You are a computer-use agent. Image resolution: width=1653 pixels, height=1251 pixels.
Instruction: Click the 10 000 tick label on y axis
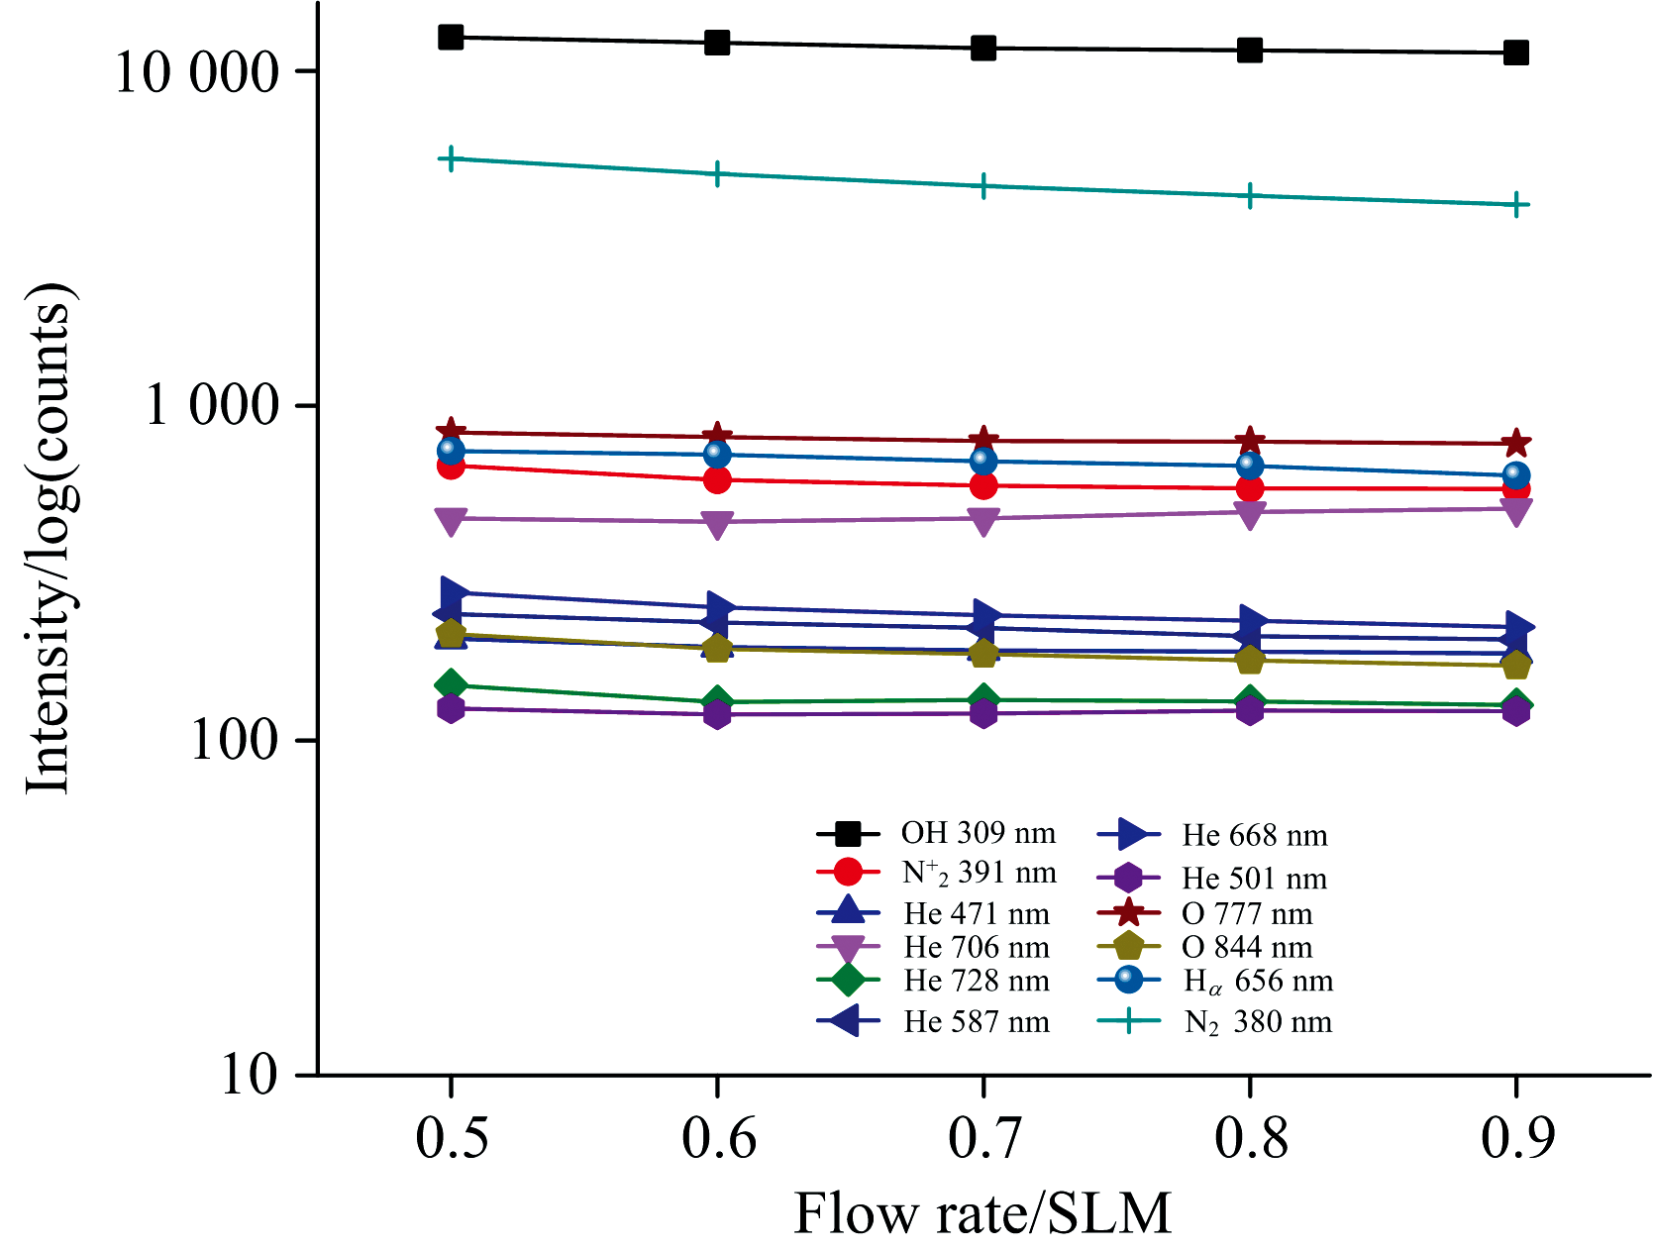point(197,72)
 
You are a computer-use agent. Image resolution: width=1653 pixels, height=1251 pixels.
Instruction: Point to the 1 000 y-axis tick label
point(212,406)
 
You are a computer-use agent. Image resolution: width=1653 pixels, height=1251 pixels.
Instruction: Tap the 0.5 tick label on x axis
point(451,1138)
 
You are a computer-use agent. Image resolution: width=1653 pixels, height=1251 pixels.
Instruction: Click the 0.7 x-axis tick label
point(983,1138)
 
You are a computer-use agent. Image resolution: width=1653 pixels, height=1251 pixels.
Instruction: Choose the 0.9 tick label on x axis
point(1516,1138)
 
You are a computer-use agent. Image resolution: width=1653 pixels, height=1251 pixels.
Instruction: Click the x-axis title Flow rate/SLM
point(982,1213)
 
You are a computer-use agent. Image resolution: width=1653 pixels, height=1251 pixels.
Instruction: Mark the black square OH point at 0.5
point(451,38)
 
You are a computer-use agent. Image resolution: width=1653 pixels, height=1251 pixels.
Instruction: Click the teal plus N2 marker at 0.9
point(1516,205)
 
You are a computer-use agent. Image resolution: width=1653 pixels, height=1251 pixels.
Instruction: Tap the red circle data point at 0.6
point(717,480)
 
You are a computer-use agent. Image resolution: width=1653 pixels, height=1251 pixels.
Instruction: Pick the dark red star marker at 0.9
point(1516,444)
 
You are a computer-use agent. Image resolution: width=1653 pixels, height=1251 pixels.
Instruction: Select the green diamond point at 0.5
point(451,684)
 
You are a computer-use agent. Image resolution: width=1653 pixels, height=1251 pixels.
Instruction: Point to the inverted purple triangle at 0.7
point(983,521)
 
